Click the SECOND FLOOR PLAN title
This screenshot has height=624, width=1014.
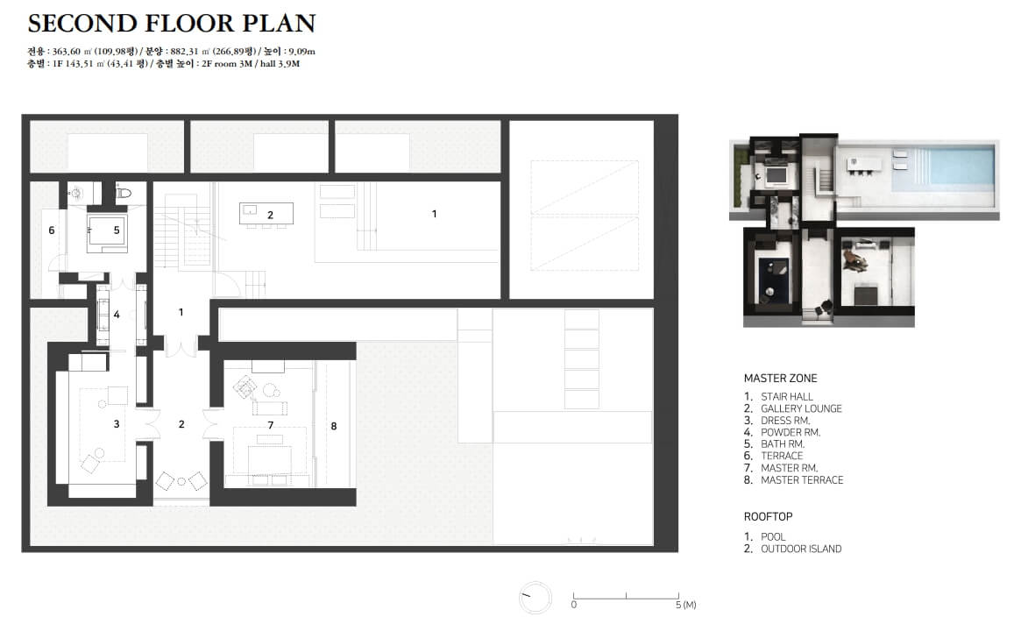(172, 24)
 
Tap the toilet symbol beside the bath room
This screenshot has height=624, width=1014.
(123, 191)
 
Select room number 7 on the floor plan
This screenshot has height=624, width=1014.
(270, 425)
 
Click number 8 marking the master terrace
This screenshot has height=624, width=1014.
(334, 426)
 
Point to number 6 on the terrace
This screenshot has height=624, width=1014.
(52, 230)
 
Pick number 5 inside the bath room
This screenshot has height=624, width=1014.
(117, 230)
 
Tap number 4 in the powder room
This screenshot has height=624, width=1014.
(117, 315)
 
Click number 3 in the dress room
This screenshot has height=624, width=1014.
(117, 424)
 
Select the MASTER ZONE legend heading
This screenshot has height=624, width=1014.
(780, 379)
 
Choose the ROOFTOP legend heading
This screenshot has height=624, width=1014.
(768, 517)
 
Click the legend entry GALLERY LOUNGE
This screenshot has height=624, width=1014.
(801, 408)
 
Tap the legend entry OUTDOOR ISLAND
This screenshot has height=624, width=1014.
(801, 549)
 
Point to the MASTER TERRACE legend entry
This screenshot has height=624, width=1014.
(802, 479)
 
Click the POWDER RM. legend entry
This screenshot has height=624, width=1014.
(791, 433)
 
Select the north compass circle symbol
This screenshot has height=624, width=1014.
(535, 598)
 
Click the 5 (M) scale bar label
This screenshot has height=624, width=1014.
(685, 606)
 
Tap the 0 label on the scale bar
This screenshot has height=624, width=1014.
(574, 606)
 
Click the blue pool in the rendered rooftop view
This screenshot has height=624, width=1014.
(943, 168)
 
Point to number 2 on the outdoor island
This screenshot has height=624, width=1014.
(270, 216)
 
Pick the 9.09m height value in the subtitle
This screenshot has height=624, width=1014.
(301, 51)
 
